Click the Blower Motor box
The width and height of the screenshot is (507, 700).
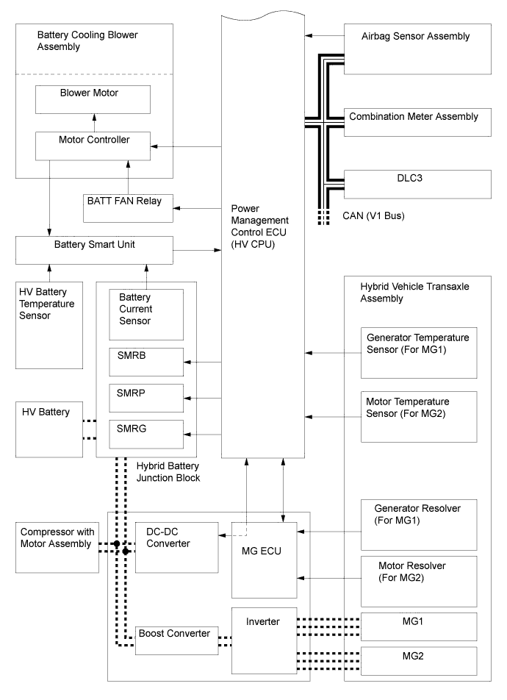[93, 99]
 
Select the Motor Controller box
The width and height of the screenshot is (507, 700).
[93, 146]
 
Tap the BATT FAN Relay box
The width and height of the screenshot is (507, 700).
[128, 208]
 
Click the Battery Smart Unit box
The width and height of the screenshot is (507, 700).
[94, 251]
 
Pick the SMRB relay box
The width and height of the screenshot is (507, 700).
[146, 362]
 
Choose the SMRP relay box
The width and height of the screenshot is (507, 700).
[146, 399]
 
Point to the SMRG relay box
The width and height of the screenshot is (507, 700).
[146, 434]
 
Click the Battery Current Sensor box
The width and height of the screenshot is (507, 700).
[146, 315]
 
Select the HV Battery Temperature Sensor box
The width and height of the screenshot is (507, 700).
[49, 326]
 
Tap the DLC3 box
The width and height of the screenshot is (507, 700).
[418, 184]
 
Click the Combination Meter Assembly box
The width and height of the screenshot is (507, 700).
[418, 122]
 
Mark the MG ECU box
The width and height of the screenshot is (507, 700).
[265, 560]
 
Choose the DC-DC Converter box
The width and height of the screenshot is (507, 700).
[177, 547]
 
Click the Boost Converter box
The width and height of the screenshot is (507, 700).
[177, 640]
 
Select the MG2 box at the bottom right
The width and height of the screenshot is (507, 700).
[419, 661]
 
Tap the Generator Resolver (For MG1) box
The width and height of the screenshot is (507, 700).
[419, 525]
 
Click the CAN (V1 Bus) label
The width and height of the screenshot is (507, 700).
[373, 216]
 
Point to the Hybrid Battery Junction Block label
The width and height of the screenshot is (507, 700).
[168, 472]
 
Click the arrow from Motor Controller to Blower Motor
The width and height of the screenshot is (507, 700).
[94, 123]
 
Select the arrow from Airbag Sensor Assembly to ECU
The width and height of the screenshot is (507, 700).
[325, 35]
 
